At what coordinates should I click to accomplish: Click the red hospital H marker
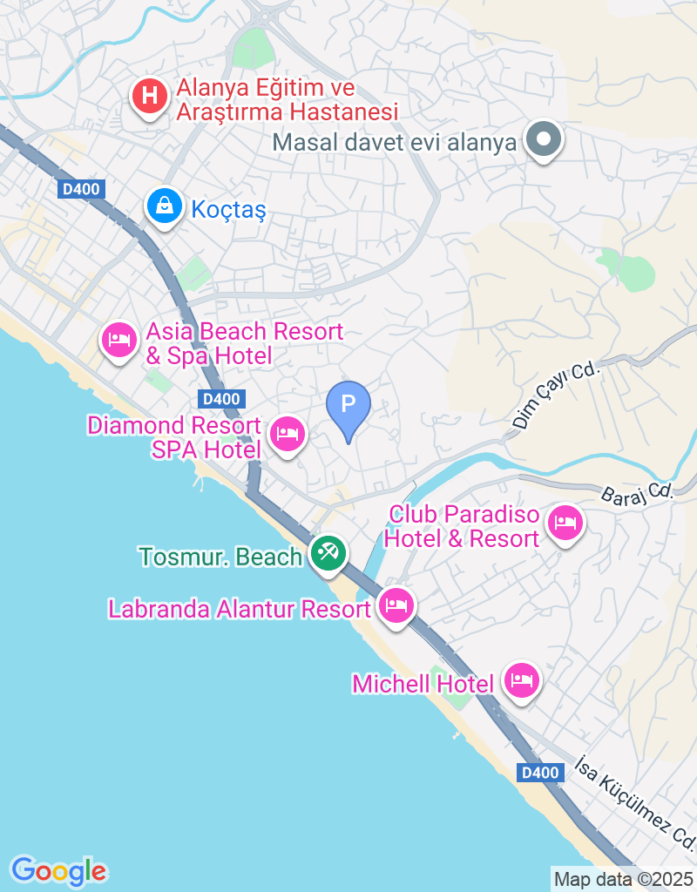pyautogui.click(x=149, y=96)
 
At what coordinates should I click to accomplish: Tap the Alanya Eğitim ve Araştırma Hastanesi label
pyautogui.click(x=288, y=100)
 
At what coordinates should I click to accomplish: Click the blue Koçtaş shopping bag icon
pyautogui.click(x=164, y=206)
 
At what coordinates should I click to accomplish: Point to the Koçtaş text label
pyautogui.click(x=228, y=210)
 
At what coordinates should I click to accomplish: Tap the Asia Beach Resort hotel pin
pyautogui.click(x=118, y=340)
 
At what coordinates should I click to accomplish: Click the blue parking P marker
pyautogui.click(x=348, y=405)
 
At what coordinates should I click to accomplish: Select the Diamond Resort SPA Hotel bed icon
pyautogui.click(x=288, y=433)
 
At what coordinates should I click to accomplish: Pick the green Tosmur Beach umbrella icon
pyautogui.click(x=328, y=553)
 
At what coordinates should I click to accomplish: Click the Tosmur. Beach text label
pyautogui.click(x=220, y=557)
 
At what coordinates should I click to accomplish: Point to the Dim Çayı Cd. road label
pyautogui.click(x=557, y=396)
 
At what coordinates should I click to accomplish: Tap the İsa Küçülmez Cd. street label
pyautogui.click(x=635, y=802)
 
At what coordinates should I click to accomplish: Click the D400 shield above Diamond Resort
pyautogui.click(x=220, y=399)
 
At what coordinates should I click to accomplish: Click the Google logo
pyautogui.click(x=59, y=870)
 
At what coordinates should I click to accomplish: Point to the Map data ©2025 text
pyautogui.click(x=623, y=879)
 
